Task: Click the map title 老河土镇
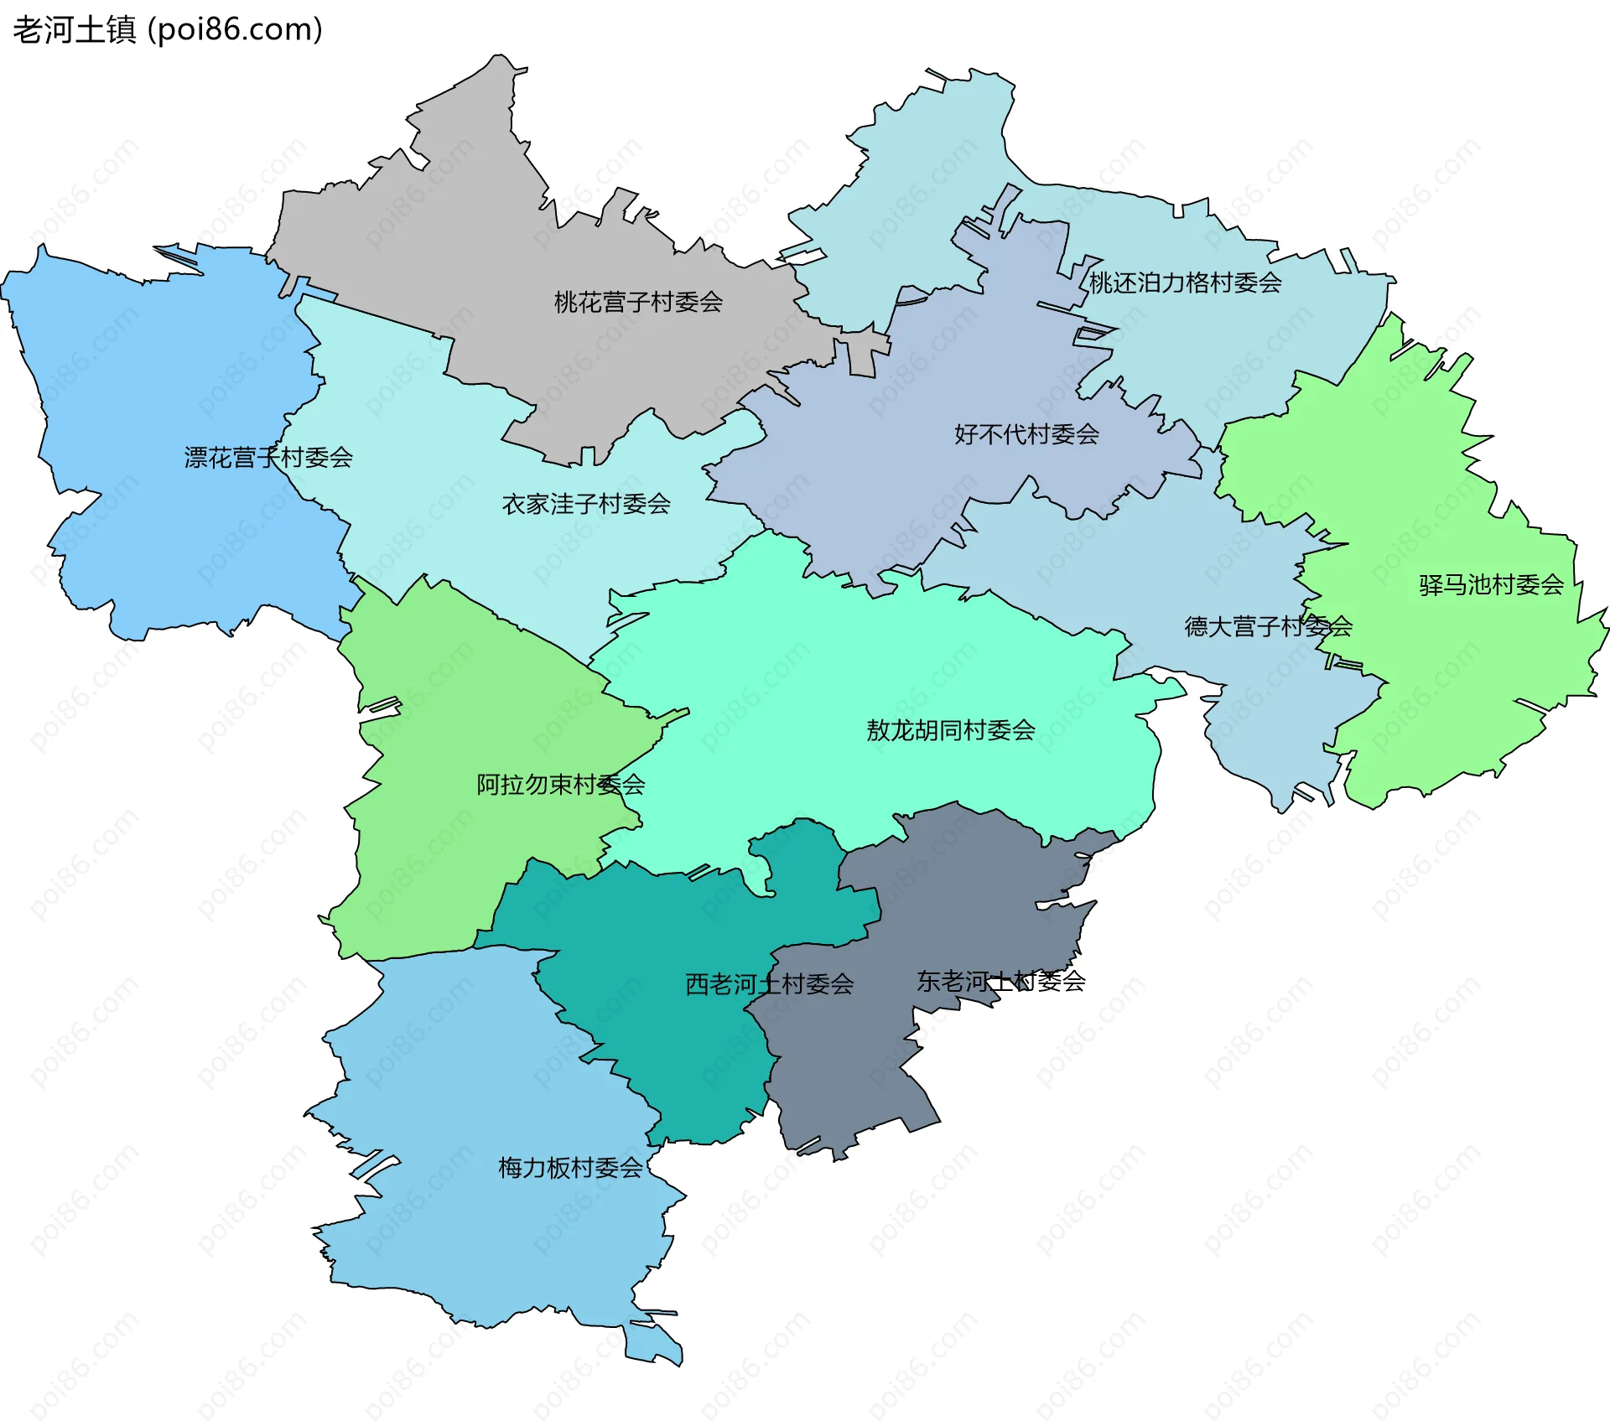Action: (x=74, y=30)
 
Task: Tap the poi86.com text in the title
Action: (x=235, y=30)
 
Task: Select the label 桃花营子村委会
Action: (x=638, y=302)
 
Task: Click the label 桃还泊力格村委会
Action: (x=1185, y=283)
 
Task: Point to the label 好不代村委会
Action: (x=1026, y=434)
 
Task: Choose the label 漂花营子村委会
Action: (x=268, y=458)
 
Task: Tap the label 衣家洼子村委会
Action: (x=586, y=504)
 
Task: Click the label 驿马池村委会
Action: (x=1491, y=585)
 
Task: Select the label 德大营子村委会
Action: (x=1268, y=626)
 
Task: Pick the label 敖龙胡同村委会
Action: (x=950, y=730)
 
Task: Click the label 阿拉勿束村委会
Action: (x=560, y=785)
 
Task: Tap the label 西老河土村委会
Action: (x=769, y=984)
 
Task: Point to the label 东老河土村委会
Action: (x=1000, y=981)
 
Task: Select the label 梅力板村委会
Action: (x=570, y=1168)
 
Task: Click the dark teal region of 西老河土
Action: (x=688, y=1056)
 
